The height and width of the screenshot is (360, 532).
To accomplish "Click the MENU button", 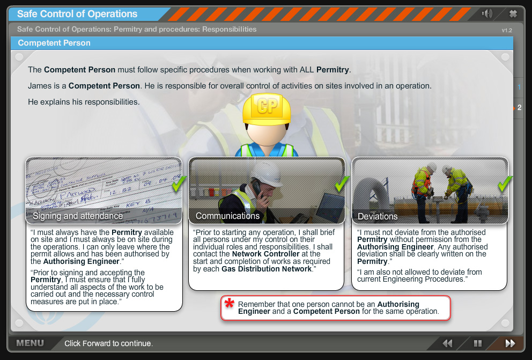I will click(x=30, y=343).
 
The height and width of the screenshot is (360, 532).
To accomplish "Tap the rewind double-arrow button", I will click(x=447, y=343).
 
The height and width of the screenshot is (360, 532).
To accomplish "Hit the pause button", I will click(x=477, y=343).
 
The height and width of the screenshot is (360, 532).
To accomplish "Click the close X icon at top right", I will click(x=513, y=13).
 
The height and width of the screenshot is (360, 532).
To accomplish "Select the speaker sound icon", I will click(x=487, y=13).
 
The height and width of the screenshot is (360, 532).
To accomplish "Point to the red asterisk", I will click(x=230, y=304).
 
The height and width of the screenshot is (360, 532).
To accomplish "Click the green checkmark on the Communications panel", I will click(x=342, y=184).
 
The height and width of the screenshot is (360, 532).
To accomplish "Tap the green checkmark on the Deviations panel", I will click(x=505, y=184).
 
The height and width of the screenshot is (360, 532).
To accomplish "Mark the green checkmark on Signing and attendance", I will click(x=179, y=184).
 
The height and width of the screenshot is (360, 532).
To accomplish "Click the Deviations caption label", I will click(x=378, y=216).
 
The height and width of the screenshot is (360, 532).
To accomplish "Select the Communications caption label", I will click(x=227, y=216).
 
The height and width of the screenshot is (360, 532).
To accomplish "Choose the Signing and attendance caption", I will click(x=78, y=216).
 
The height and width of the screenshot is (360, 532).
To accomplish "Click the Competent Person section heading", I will click(x=54, y=43).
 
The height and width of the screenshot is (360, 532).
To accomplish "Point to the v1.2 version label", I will click(x=507, y=31).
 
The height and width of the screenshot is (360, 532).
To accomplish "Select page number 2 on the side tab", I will click(x=519, y=107).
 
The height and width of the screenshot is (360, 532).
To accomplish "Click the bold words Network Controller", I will click(x=261, y=254).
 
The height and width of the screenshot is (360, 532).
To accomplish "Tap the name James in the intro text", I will click(x=39, y=85).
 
